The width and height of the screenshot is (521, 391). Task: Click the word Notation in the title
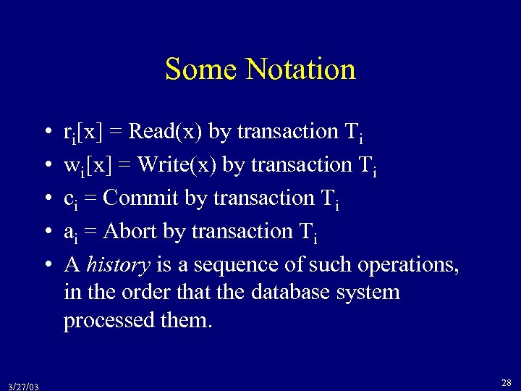coord(300,70)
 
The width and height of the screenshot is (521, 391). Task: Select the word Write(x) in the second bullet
coord(176,165)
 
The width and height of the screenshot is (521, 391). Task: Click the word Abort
coord(130,231)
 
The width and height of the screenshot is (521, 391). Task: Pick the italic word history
coord(117,264)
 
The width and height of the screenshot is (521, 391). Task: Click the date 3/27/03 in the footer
coord(24,385)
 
